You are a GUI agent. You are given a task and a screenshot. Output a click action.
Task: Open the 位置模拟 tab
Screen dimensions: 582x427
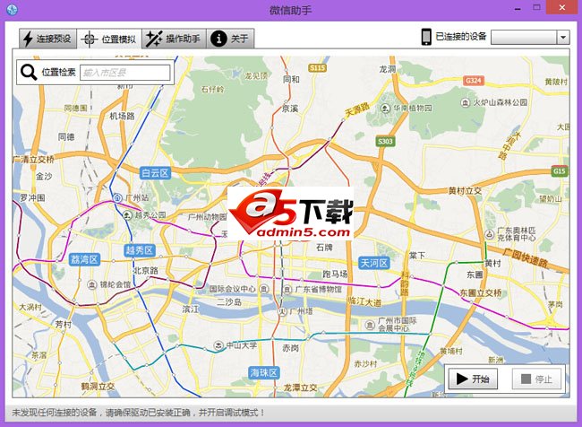108,39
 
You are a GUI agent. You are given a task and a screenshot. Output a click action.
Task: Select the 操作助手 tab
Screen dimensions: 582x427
174,39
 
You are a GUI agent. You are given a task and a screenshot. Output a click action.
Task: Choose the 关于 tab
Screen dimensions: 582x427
231,39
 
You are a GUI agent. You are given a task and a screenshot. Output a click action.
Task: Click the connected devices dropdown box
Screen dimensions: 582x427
530,37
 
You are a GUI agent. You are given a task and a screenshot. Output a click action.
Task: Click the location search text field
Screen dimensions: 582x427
124,73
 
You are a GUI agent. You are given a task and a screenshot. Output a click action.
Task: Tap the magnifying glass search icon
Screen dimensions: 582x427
29,73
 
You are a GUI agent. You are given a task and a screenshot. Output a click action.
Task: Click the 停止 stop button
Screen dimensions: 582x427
535,379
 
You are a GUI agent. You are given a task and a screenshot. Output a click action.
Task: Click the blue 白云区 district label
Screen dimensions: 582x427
155,172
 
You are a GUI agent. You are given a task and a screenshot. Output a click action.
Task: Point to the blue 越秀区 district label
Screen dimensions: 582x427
140,250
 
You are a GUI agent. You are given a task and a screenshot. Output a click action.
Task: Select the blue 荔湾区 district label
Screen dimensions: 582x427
82,259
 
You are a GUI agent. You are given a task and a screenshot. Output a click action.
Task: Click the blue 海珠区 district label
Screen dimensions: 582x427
264,372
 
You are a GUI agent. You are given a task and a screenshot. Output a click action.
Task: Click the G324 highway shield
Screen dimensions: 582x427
474,81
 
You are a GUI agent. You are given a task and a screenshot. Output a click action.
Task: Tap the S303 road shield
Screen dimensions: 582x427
385,142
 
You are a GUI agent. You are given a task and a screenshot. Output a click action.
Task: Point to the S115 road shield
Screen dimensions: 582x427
317,68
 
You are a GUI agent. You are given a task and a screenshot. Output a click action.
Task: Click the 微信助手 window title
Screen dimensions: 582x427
291,10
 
